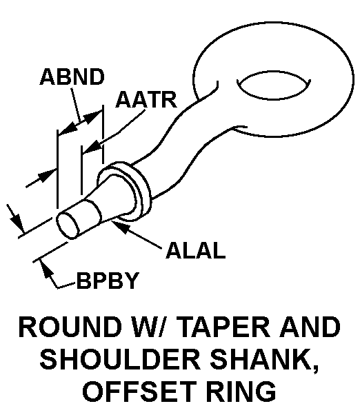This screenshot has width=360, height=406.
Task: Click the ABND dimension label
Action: (72, 77)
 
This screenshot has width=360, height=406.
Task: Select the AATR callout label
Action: (147, 99)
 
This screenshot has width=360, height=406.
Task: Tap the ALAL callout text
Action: (196, 250)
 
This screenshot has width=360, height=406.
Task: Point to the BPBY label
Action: (108, 281)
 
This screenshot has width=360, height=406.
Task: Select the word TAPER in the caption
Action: (225, 327)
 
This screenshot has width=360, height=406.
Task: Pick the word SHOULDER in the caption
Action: (121, 360)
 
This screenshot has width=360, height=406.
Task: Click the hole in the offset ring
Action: (274, 85)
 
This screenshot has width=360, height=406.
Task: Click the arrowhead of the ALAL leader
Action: (119, 226)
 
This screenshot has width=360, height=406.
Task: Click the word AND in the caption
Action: (310, 327)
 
